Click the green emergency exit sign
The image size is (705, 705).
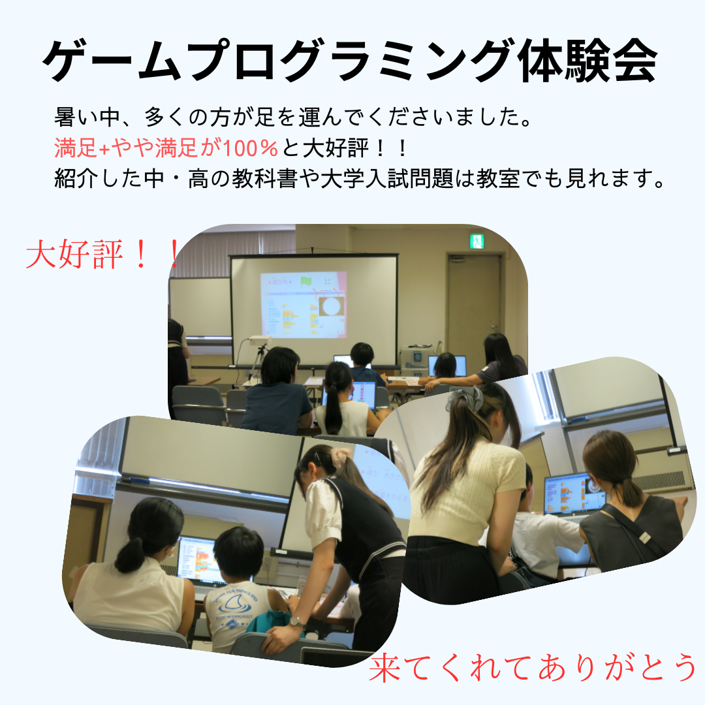[x=477, y=241]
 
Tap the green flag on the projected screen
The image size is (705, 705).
[x=307, y=281]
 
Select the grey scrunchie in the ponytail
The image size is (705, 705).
[x=466, y=398]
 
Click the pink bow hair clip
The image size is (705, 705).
[x=340, y=456]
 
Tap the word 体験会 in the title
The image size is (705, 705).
[x=588, y=61]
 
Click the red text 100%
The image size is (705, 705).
[x=250, y=148]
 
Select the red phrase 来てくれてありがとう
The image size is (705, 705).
[x=533, y=667]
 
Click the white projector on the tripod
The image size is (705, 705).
[x=260, y=340]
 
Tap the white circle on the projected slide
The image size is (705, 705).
[x=332, y=307]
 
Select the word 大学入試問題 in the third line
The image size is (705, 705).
[x=386, y=178]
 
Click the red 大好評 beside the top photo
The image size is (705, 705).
[x=74, y=255]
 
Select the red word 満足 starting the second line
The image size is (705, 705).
[x=76, y=148]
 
